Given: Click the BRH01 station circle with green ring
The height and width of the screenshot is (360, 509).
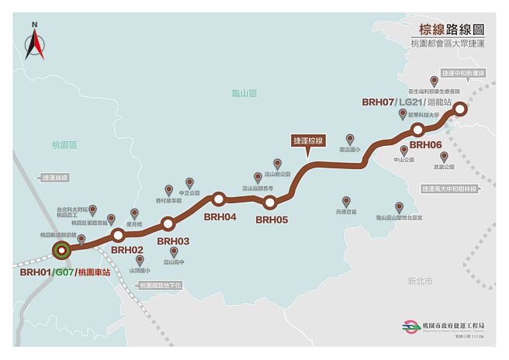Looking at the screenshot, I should (61, 250).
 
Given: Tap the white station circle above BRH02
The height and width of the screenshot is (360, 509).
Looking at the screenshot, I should (118, 234).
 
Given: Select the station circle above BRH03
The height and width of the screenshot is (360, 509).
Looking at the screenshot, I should (167, 224).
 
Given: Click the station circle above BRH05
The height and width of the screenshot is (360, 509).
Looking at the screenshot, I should (269, 203).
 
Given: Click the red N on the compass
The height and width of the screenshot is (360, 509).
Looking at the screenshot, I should (34, 25).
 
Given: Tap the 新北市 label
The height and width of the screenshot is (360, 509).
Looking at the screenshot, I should (420, 282).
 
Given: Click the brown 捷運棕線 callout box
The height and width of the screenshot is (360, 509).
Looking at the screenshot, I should (308, 140).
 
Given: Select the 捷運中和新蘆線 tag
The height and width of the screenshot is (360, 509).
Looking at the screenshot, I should (462, 73).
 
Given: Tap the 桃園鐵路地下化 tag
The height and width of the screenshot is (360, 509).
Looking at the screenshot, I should (161, 286).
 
